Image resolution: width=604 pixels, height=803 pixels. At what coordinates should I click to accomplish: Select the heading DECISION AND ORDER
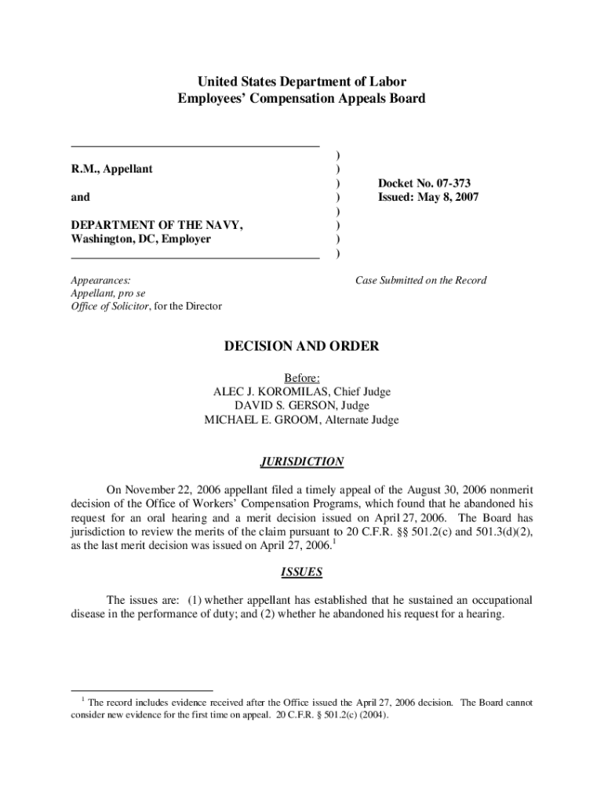pyautogui.click(x=302, y=346)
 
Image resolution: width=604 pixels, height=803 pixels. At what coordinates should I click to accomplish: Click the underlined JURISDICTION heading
pyautogui.click(x=302, y=462)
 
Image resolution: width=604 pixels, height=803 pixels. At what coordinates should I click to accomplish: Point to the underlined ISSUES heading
pyautogui.click(x=302, y=572)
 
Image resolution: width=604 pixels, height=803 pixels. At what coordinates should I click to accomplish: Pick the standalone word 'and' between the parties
pyautogui.click(x=80, y=197)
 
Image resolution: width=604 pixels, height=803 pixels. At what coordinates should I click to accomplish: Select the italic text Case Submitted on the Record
pyautogui.click(x=420, y=280)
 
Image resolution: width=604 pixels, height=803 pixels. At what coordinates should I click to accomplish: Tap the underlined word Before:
pyautogui.click(x=302, y=378)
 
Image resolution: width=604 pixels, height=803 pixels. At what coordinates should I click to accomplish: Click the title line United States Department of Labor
pyautogui.click(x=302, y=82)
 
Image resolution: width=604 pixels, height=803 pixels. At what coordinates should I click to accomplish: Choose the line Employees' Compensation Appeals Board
pyautogui.click(x=302, y=99)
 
